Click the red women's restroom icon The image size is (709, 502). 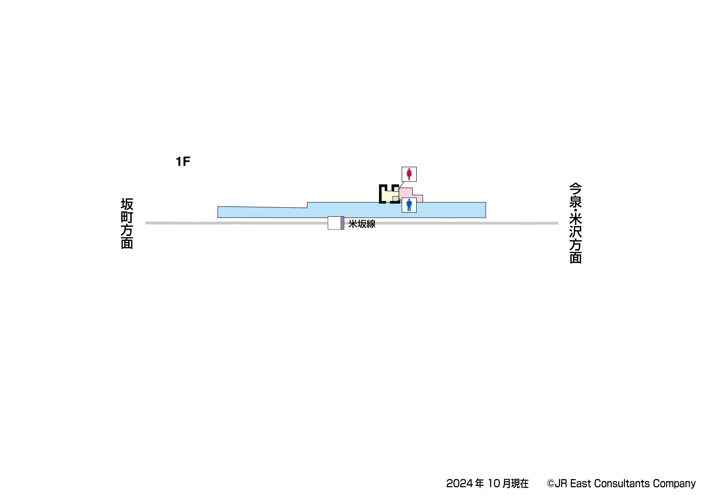(x=409, y=174)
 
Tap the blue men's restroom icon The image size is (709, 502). (x=409, y=205)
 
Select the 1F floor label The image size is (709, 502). (x=183, y=162)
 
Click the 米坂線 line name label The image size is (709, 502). (x=362, y=224)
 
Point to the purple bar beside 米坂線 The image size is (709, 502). (x=342, y=223)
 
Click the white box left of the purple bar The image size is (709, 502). (x=334, y=223)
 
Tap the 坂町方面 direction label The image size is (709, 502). (x=127, y=223)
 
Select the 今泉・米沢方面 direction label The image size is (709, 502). (x=575, y=223)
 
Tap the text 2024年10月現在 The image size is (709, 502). (x=487, y=483)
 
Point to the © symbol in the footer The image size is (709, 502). (x=550, y=483)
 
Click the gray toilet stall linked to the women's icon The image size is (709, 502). (x=396, y=189)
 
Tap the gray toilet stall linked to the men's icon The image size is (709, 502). (x=396, y=199)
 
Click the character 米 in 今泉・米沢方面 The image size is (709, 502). (x=575, y=217)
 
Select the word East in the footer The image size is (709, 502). (x=580, y=483)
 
